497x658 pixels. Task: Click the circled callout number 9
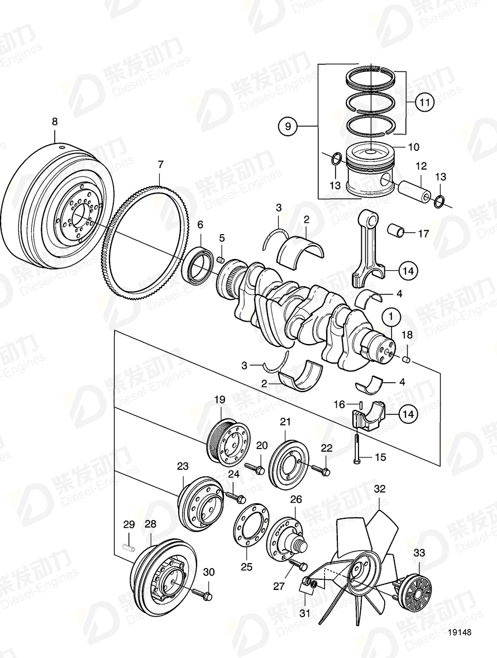pos(288,127)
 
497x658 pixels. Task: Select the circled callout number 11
pos(424,102)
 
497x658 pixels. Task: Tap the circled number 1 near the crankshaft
pos(391,317)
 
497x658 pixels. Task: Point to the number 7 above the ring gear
pos(160,165)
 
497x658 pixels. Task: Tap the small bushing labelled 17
pos(398,230)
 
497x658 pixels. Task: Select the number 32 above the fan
pos(380,489)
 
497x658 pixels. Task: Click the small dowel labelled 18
pos(407,359)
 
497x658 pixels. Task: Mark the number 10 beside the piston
pos(413,147)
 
